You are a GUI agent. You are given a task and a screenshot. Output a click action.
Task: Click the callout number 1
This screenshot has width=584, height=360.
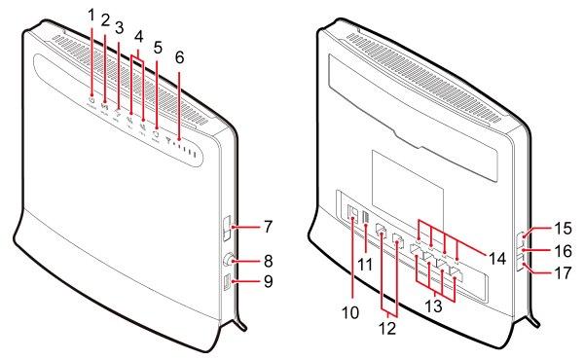(91, 16)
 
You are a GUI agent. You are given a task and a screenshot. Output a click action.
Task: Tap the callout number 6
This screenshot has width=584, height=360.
(179, 57)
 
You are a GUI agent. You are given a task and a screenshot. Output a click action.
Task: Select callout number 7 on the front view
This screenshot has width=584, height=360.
(269, 227)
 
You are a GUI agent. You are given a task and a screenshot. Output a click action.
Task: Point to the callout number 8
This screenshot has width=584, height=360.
(269, 261)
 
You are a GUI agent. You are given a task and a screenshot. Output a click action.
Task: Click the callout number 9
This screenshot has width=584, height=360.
(269, 281)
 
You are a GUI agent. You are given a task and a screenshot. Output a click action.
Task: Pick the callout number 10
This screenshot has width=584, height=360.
(350, 312)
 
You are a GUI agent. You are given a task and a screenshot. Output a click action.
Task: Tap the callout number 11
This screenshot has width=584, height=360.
(365, 265)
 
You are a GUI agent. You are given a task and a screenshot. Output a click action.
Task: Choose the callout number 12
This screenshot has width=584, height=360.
(388, 328)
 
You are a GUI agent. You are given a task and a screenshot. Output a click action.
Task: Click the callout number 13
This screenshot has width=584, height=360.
(434, 306)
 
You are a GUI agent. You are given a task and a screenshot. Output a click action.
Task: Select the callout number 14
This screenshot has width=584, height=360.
(497, 258)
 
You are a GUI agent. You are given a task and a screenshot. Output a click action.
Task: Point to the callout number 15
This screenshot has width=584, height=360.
(563, 228)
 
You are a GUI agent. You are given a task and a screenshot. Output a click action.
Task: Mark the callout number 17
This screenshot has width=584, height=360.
(563, 272)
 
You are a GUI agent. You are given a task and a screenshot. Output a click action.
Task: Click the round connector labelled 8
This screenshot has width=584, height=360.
(228, 260)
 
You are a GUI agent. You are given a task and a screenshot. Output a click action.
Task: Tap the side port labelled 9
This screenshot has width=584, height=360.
(227, 282)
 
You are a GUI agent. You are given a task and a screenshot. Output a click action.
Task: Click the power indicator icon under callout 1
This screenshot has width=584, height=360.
(91, 100)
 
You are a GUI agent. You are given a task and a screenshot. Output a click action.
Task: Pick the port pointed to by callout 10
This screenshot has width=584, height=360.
(352, 215)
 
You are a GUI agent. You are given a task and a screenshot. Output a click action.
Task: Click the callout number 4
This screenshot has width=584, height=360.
(139, 37)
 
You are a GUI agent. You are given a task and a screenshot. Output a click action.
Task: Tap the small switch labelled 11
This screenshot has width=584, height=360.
(365, 218)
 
